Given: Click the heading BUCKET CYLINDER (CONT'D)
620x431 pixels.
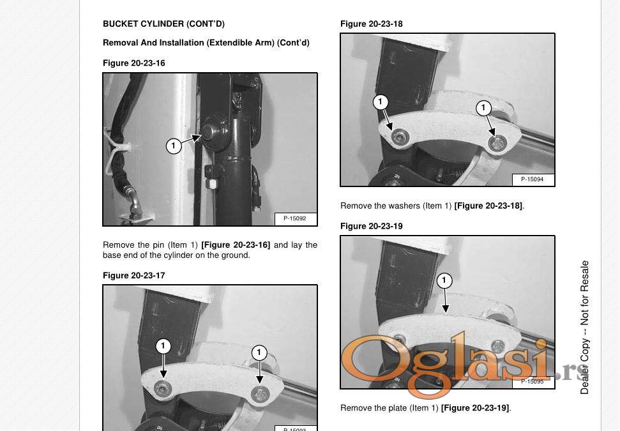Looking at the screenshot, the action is tap(163, 24).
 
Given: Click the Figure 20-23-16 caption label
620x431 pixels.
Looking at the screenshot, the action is tap(134, 63).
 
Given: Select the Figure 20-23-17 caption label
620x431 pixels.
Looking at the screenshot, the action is tap(134, 276).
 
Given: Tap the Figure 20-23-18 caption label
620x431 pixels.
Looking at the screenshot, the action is tap(372, 24).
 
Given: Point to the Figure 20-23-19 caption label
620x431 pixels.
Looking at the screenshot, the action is tap(372, 226).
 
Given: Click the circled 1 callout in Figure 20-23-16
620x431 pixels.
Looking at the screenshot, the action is tap(174, 146).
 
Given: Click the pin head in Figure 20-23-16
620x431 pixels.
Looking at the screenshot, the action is tap(209, 131).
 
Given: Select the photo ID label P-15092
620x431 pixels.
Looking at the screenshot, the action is tap(295, 218).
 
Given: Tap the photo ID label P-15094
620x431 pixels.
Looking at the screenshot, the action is tap(533, 179).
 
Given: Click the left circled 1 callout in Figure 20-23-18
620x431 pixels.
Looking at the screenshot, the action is tap(381, 102).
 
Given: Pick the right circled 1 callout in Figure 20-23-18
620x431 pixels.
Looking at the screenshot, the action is tap(483, 108).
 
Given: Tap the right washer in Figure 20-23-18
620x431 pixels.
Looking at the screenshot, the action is tap(496, 143).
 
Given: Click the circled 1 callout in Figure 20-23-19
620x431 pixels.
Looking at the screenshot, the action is tap(444, 281).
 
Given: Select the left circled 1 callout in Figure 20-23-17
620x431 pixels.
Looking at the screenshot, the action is tap(163, 346).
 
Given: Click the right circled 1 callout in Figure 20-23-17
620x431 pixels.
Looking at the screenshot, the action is tap(259, 352).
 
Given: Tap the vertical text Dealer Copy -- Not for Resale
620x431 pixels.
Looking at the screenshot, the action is tap(585, 328).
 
